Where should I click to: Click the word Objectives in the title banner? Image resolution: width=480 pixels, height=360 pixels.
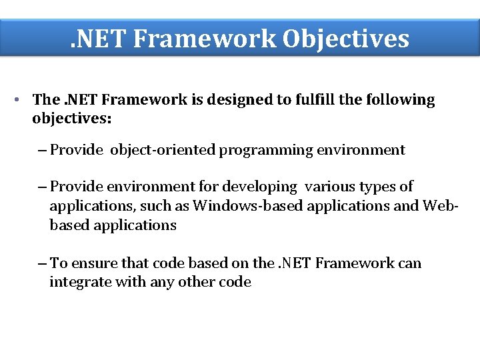[345, 39]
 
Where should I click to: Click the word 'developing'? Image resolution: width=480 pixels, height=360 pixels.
[262, 187]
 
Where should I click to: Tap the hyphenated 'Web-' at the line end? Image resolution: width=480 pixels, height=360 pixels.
[441, 206]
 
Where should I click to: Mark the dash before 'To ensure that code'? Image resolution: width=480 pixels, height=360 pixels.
[43, 263]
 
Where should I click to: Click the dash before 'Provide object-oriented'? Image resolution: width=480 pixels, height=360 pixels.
[43, 150]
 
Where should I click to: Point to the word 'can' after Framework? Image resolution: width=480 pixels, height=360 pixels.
[410, 263]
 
